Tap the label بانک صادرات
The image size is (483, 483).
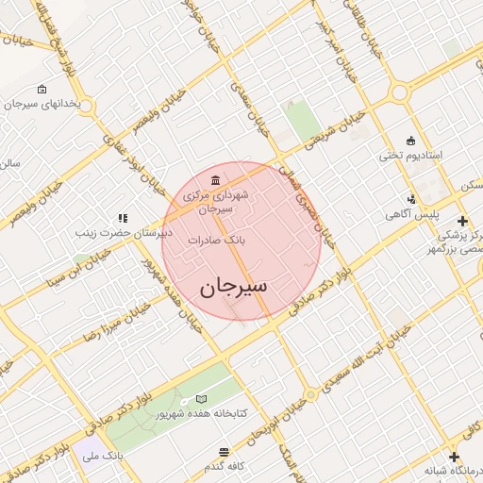tap(216, 241)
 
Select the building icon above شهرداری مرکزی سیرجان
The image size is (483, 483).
tap(217, 180)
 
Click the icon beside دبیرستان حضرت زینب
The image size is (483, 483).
tap(122, 218)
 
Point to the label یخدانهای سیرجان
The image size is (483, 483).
tap(56, 103)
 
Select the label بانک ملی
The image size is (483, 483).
tap(103, 457)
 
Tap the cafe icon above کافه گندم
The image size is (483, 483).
tap(224, 452)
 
